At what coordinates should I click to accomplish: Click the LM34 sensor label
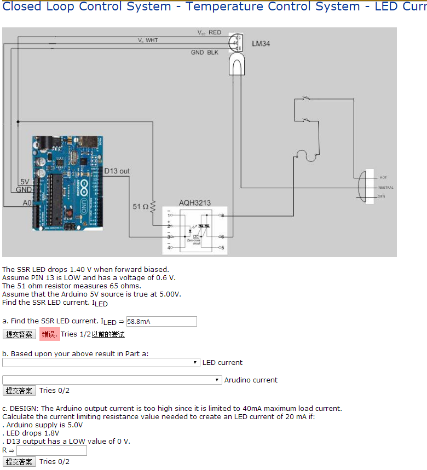point(261,43)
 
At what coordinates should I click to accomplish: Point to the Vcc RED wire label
point(209,32)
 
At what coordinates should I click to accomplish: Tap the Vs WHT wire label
point(148,40)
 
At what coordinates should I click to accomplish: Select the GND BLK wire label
point(204,53)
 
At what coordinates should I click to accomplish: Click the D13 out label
point(117,171)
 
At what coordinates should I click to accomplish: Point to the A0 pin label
point(27,202)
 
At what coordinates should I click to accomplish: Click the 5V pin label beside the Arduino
point(25,182)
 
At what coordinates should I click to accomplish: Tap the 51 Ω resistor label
point(140,207)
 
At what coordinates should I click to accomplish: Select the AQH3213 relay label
point(194,203)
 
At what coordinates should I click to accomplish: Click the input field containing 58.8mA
point(161,322)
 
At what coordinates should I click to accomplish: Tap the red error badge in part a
point(49,334)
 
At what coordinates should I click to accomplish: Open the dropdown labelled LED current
point(101,363)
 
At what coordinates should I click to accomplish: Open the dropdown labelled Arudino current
point(112,380)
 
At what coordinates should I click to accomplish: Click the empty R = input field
point(51,451)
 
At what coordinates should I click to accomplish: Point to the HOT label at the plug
point(383,177)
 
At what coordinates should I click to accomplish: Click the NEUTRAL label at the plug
point(385,187)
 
